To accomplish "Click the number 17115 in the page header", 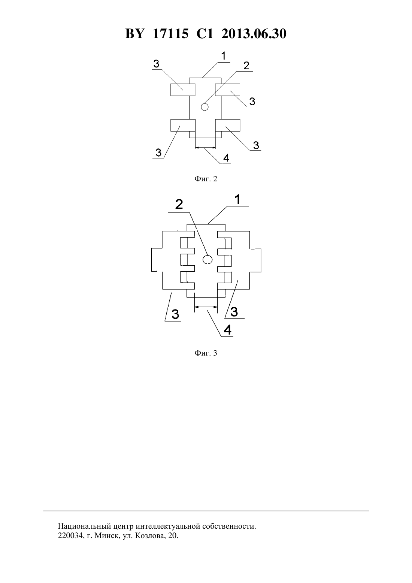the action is point(170,34).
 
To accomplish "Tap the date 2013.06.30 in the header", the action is point(254,34).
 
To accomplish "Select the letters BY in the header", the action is point(134,34).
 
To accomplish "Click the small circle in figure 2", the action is point(205,107).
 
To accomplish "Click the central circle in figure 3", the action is point(207,260).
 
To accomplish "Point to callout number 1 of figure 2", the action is point(224,56).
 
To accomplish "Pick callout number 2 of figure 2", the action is point(246,66).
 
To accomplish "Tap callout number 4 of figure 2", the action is point(226,158).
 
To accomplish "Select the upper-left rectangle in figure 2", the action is point(183,90).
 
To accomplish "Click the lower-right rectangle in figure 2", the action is point(228,125).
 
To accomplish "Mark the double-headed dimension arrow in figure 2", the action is point(205,148).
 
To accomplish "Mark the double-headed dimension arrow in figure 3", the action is point(206,307).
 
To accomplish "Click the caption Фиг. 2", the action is point(206,179).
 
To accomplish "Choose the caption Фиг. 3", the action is point(206,353).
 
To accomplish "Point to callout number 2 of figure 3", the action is point(179,204).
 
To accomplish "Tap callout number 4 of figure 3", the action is point(227,330).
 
